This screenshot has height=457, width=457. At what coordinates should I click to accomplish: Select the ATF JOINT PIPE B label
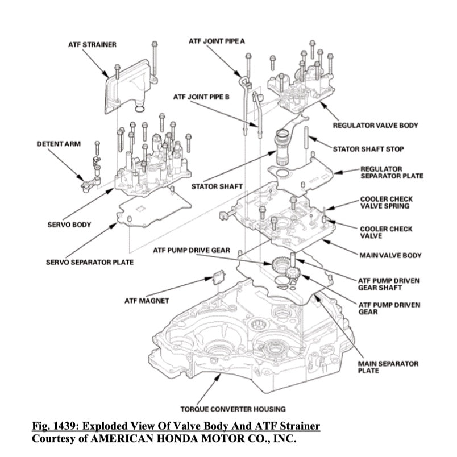click(x=201, y=97)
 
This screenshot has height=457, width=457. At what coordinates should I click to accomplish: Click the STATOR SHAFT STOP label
click(x=368, y=149)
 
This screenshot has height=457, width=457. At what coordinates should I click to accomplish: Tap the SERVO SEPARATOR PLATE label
click(x=90, y=262)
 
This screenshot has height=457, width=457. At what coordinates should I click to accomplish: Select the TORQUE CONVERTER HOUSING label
click(x=232, y=409)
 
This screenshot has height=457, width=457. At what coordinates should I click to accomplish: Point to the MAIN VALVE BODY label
click(x=390, y=255)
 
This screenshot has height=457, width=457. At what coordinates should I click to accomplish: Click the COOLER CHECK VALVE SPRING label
click(x=387, y=203)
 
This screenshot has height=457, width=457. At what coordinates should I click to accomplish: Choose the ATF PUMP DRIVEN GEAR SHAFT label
click(x=389, y=284)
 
